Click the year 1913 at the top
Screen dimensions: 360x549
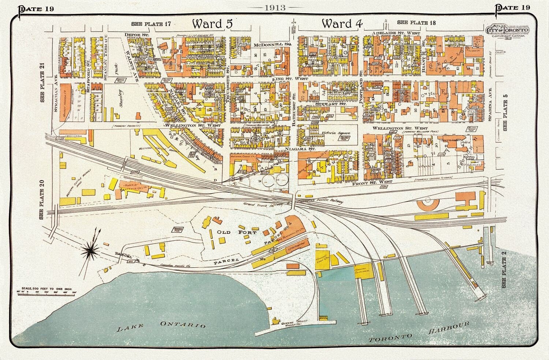pyautogui.click(x=274, y=7)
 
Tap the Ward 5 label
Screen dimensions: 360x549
pyautogui.click(x=212, y=24)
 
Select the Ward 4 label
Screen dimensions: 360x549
pyautogui.click(x=342, y=24)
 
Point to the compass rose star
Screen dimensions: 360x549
pyautogui.click(x=93, y=250)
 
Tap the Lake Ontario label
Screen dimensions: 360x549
pyautogui.click(x=161, y=326)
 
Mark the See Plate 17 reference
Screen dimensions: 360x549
pyautogui.click(x=151, y=24)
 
